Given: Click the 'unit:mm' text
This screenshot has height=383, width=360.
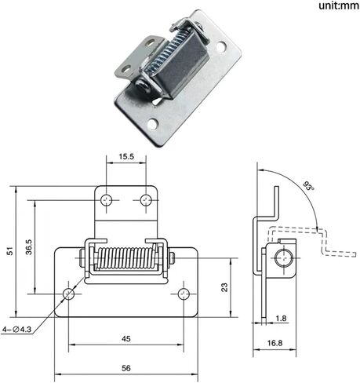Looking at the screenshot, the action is (x=339, y=5).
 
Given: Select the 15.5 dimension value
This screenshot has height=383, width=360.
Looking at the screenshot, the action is (x=126, y=156).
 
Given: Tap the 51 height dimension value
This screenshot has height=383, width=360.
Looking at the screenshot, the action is (x=10, y=251).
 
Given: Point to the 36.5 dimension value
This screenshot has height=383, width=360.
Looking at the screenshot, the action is (x=29, y=247).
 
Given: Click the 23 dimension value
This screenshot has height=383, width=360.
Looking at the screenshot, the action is (x=224, y=287).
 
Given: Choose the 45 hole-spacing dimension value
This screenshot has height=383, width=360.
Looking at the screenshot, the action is (x=126, y=339).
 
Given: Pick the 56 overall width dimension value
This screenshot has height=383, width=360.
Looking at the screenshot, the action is (x=126, y=368).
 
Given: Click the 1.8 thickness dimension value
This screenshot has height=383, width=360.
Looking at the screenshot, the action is (x=281, y=319).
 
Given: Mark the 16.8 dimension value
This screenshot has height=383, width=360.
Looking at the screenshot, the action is (x=275, y=343).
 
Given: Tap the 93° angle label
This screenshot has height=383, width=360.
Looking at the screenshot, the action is (x=308, y=186).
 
